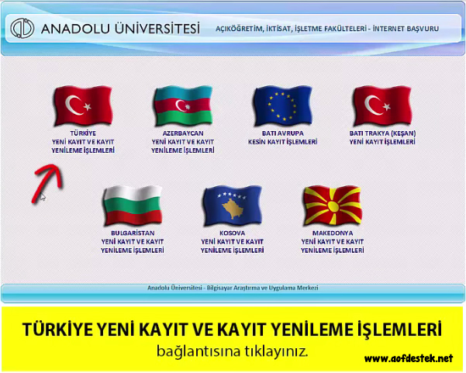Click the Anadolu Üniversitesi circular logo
22,28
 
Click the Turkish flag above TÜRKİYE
83,105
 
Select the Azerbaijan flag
183,105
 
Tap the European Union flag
283,105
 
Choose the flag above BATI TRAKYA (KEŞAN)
382,105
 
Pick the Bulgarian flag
133,205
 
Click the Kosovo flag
233,205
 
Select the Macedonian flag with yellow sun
333,205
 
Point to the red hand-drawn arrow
47,181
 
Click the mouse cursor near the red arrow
43,196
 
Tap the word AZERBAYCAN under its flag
183,133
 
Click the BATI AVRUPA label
283,133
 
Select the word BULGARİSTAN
133,233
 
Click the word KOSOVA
233,233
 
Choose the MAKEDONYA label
333,233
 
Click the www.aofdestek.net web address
409,358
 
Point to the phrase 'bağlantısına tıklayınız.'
232,351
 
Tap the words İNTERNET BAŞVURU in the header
406,29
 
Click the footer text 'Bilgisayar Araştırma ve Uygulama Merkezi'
262,288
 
